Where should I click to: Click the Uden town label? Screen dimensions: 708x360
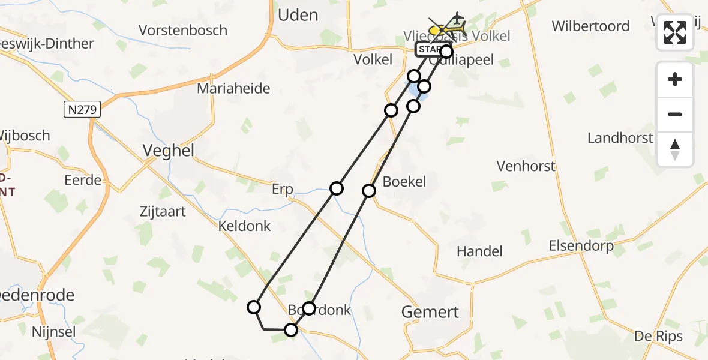point(298,14)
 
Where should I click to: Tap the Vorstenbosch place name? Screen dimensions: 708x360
point(183,30)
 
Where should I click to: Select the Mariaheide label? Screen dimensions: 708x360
point(235,89)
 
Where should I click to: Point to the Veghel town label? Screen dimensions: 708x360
point(169,151)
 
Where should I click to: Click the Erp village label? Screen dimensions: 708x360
point(282,190)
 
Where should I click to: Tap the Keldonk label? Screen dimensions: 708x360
point(245,226)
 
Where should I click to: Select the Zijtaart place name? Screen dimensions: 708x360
point(163,211)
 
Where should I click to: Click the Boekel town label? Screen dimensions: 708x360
point(404,181)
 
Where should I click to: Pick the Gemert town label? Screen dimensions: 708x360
point(430,312)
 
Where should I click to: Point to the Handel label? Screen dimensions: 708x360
point(479,251)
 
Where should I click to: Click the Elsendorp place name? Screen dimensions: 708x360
point(581,246)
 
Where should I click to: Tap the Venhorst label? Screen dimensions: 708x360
point(526,166)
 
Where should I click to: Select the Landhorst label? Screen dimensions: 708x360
point(620,138)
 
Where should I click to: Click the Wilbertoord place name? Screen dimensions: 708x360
point(590,26)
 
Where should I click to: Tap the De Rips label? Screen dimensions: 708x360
point(659,336)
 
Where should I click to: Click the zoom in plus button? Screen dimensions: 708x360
point(675,79)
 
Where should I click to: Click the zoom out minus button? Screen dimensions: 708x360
point(675,114)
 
